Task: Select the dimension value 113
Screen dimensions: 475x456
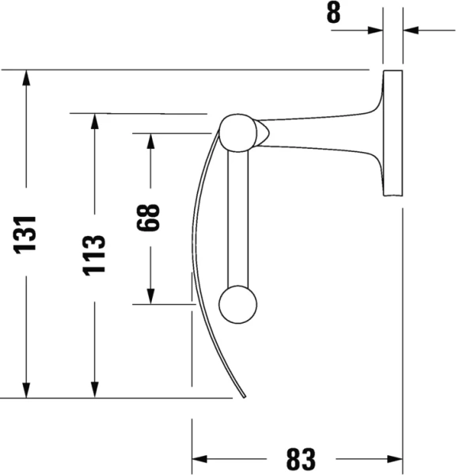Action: [x=95, y=254]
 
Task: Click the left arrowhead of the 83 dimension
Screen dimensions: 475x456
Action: [x=200, y=459]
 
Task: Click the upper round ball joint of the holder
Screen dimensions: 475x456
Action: [x=237, y=132]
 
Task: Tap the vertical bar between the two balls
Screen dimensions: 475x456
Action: [x=237, y=218]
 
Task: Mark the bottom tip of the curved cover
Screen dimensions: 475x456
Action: [x=243, y=396]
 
